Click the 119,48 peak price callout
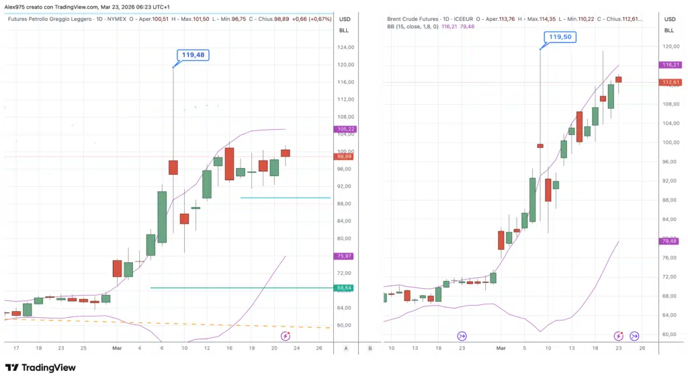(x=193, y=55)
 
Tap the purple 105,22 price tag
(x=344, y=129)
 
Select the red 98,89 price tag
(x=344, y=156)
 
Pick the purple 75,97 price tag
(x=344, y=256)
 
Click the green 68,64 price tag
(x=344, y=288)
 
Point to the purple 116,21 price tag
(x=669, y=65)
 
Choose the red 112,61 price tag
(x=669, y=82)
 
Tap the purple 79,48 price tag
(x=669, y=241)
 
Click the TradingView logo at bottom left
(x=40, y=368)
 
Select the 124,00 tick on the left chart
(x=345, y=47)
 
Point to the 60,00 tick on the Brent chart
(x=669, y=334)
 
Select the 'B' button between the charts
(x=370, y=348)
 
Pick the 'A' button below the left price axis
(x=345, y=348)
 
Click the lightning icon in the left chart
(x=286, y=335)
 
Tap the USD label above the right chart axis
(x=669, y=19)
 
